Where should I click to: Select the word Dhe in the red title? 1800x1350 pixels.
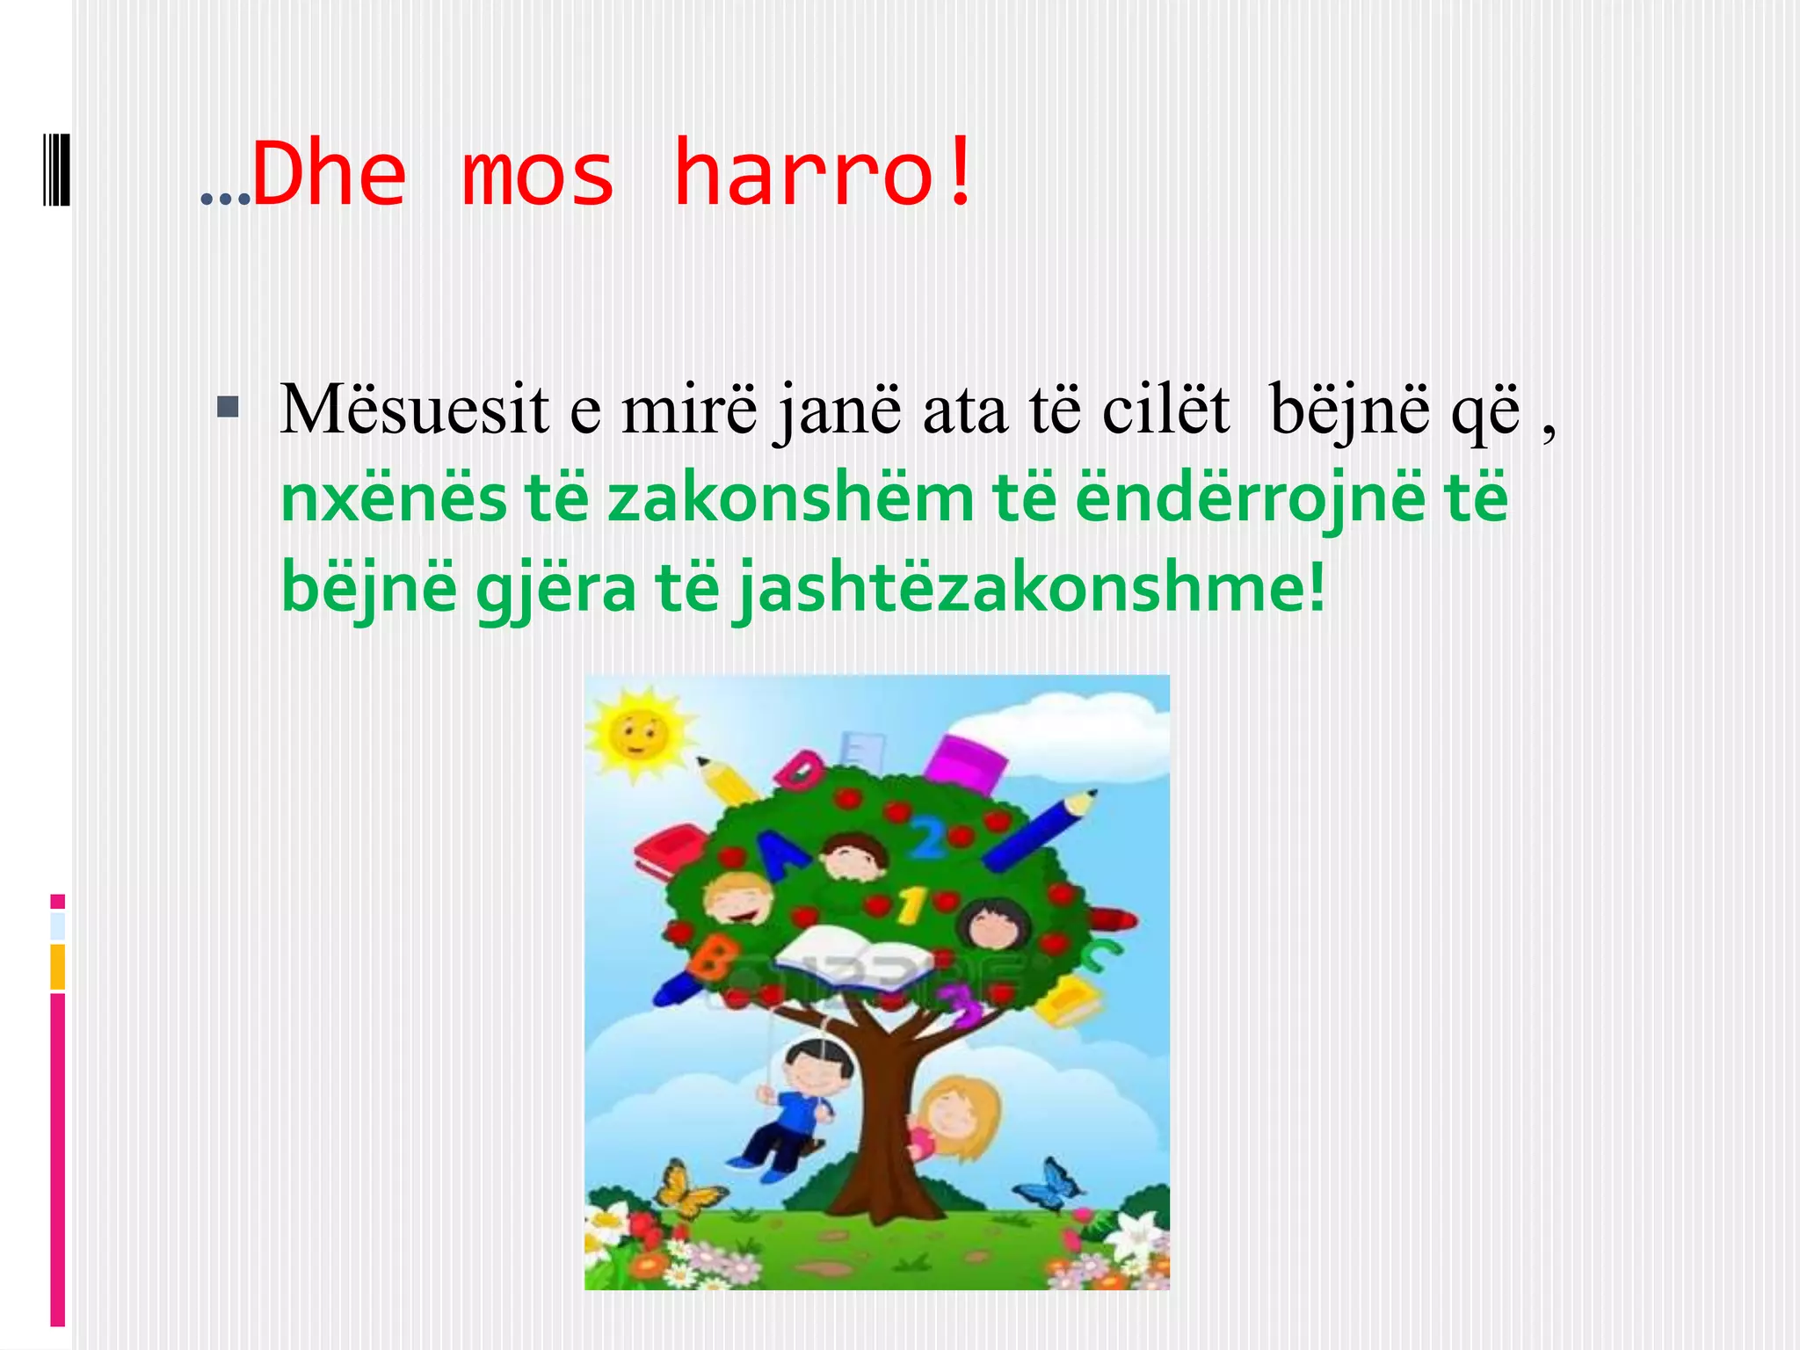tap(330, 174)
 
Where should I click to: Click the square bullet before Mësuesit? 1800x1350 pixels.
tap(228, 406)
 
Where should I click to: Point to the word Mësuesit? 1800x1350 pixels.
tap(414, 409)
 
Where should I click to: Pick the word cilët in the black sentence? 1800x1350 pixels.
tap(1165, 409)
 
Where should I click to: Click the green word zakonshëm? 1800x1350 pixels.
tap(791, 498)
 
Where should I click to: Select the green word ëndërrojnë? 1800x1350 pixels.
tap(1248, 498)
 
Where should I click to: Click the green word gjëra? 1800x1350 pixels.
tap(555, 587)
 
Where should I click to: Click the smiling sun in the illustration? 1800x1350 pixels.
tap(639, 733)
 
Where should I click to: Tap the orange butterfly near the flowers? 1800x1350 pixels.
tap(688, 1188)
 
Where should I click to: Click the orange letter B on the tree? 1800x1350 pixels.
tap(710, 958)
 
